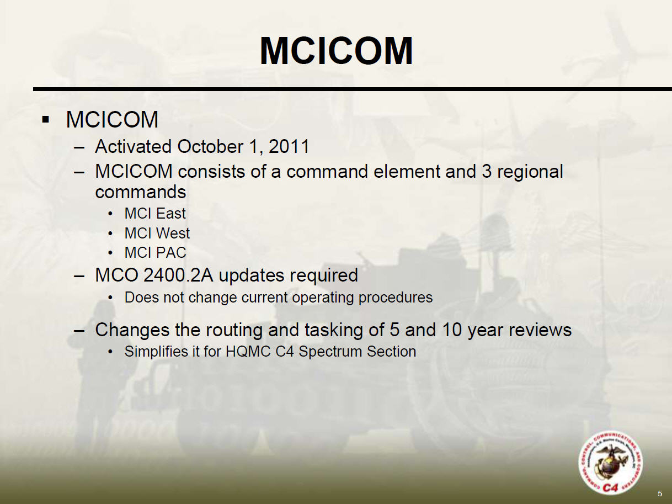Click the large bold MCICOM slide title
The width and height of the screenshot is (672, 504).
coord(336,51)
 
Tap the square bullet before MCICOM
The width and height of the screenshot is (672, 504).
coord(46,119)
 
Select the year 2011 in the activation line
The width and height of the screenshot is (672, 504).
coord(289,147)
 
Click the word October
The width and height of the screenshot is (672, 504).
coord(210,146)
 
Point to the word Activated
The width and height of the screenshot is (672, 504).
coord(134,146)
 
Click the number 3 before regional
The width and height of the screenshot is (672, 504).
coord(487,171)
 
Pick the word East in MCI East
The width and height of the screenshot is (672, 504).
coord(170,214)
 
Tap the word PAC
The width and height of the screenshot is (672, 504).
coord(171,253)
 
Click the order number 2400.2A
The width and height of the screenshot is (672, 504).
coord(178,275)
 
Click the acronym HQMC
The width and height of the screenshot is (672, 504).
coord(248,352)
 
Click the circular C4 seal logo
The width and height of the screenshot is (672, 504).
coord(610,463)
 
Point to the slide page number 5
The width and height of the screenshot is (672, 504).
coord(660,494)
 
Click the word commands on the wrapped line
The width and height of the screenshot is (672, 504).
coord(141,192)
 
